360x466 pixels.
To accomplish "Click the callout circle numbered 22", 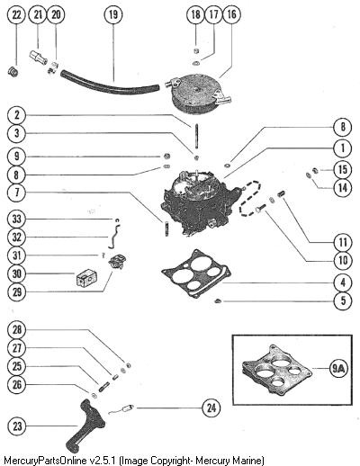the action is click(x=16, y=14).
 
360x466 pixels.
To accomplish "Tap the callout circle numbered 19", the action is click(x=113, y=14).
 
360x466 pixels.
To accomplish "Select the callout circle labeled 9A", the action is click(x=339, y=368).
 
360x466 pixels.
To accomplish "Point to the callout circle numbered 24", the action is click(x=211, y=408).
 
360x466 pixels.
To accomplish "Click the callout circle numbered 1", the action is click(x=343, y=148).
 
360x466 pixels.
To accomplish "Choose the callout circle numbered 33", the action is click(x=17, y=219).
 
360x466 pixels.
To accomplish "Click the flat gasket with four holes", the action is click(x=196, y=273).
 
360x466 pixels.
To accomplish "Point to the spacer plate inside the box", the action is click(x=276, y=370).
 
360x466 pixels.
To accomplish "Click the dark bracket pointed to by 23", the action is click(x=85, y=426).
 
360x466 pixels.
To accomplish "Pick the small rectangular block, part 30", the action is click(x=86, y=278).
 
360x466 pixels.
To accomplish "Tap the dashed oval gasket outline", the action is click(x=250, y=198).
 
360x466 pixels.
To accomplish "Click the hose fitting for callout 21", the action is click(x=38, y=58).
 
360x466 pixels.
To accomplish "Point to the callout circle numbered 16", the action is click(x=231, y=14).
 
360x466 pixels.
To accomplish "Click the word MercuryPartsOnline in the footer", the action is click(x=45, y=461).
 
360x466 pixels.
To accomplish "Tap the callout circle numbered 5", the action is click(x=343, y=300).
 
